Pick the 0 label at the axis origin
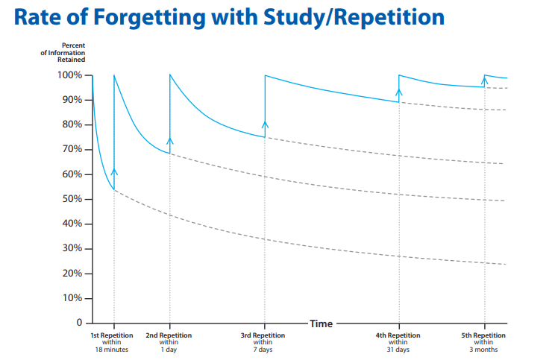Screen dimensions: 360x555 78,323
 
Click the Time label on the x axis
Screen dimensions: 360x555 321,323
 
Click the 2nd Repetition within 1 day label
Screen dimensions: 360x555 169,342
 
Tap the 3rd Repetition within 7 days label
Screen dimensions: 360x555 263,342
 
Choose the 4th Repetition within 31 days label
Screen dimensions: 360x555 398,342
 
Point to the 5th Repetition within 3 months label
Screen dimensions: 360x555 483,342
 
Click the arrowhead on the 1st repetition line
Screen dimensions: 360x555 114,171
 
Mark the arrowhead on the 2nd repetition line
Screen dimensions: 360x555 169,139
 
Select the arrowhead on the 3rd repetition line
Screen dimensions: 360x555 265,124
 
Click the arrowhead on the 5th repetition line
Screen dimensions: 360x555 484,79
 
